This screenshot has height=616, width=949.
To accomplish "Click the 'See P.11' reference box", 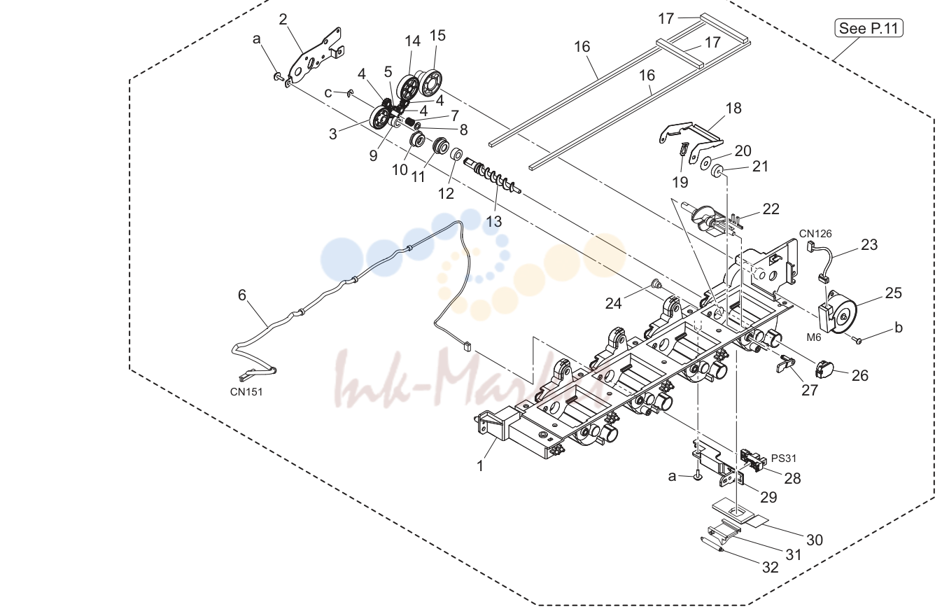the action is tap(869, 28).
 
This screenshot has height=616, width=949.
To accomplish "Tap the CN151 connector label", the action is tap(246, 392).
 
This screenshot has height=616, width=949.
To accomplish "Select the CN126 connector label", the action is tap(815, 233).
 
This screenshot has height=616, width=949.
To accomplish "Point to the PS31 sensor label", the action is tap(783, 458).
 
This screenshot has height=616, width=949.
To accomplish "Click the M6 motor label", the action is tap(813, 337).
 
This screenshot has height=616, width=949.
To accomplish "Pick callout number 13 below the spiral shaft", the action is tap(493, 221).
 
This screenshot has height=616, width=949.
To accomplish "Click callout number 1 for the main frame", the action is tap(479, 465).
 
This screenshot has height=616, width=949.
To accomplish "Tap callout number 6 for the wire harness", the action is tap(242, 295).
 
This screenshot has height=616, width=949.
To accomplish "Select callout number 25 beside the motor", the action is tap(894, 293).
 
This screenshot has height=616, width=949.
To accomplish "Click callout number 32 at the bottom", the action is tap(771, 567).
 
